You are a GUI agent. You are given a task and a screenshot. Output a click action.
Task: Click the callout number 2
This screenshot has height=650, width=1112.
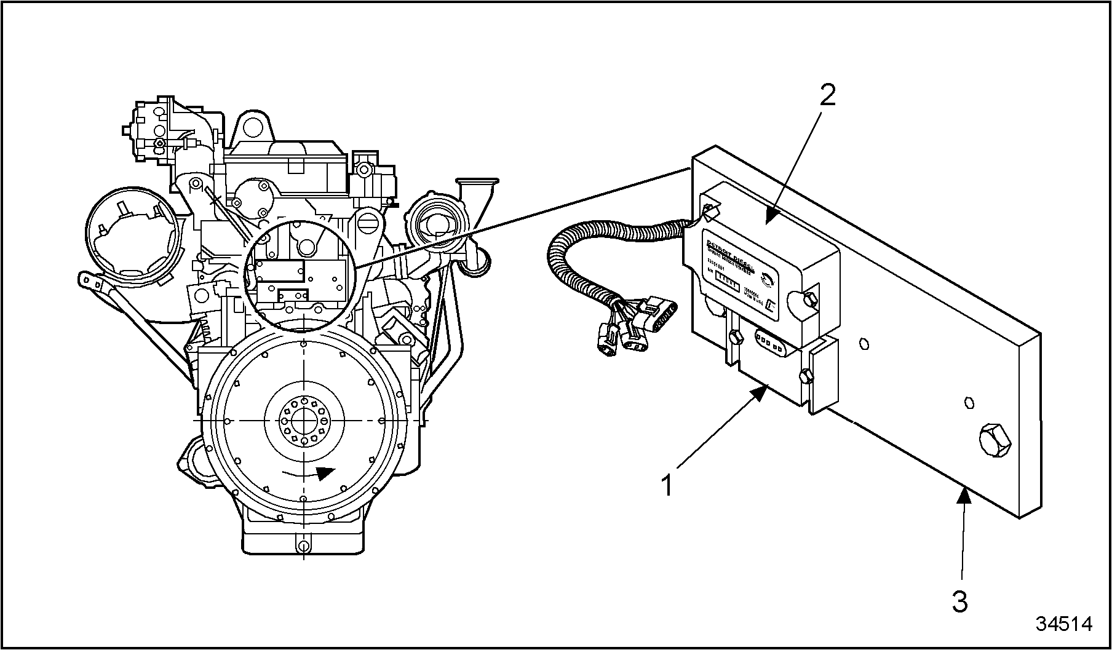pyautogui.click(x=828, y=95)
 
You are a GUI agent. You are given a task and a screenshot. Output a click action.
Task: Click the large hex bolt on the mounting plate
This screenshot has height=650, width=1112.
pyautogui.click(x=993, y=439)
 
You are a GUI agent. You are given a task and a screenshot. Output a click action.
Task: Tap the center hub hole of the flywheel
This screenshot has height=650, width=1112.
pyautogui.click(x=304, y=421)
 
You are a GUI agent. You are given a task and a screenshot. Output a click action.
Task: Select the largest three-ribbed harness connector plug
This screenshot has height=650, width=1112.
pyautogui.click(x=661, y=314)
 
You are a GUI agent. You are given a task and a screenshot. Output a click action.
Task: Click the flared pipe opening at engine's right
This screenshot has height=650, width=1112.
pyautogui.click(x=477, y=183)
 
